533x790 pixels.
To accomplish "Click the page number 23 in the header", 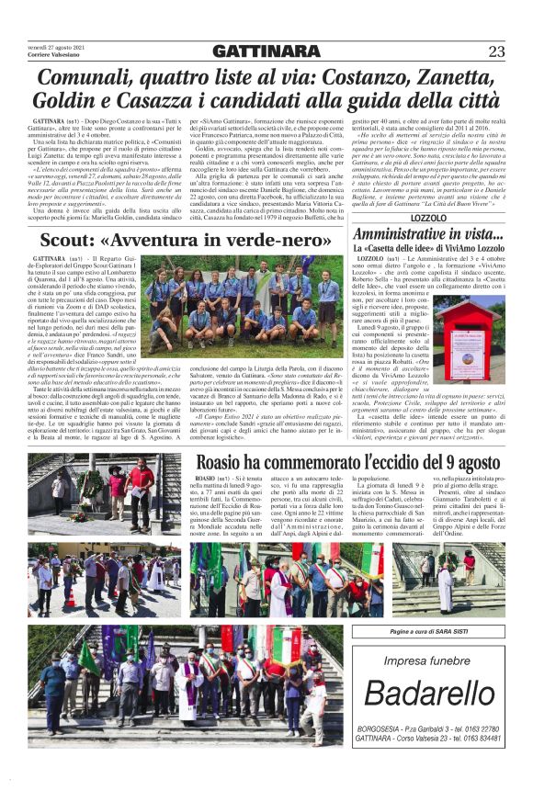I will pos(496,51).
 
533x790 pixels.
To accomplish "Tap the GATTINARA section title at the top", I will pos(266,51).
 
